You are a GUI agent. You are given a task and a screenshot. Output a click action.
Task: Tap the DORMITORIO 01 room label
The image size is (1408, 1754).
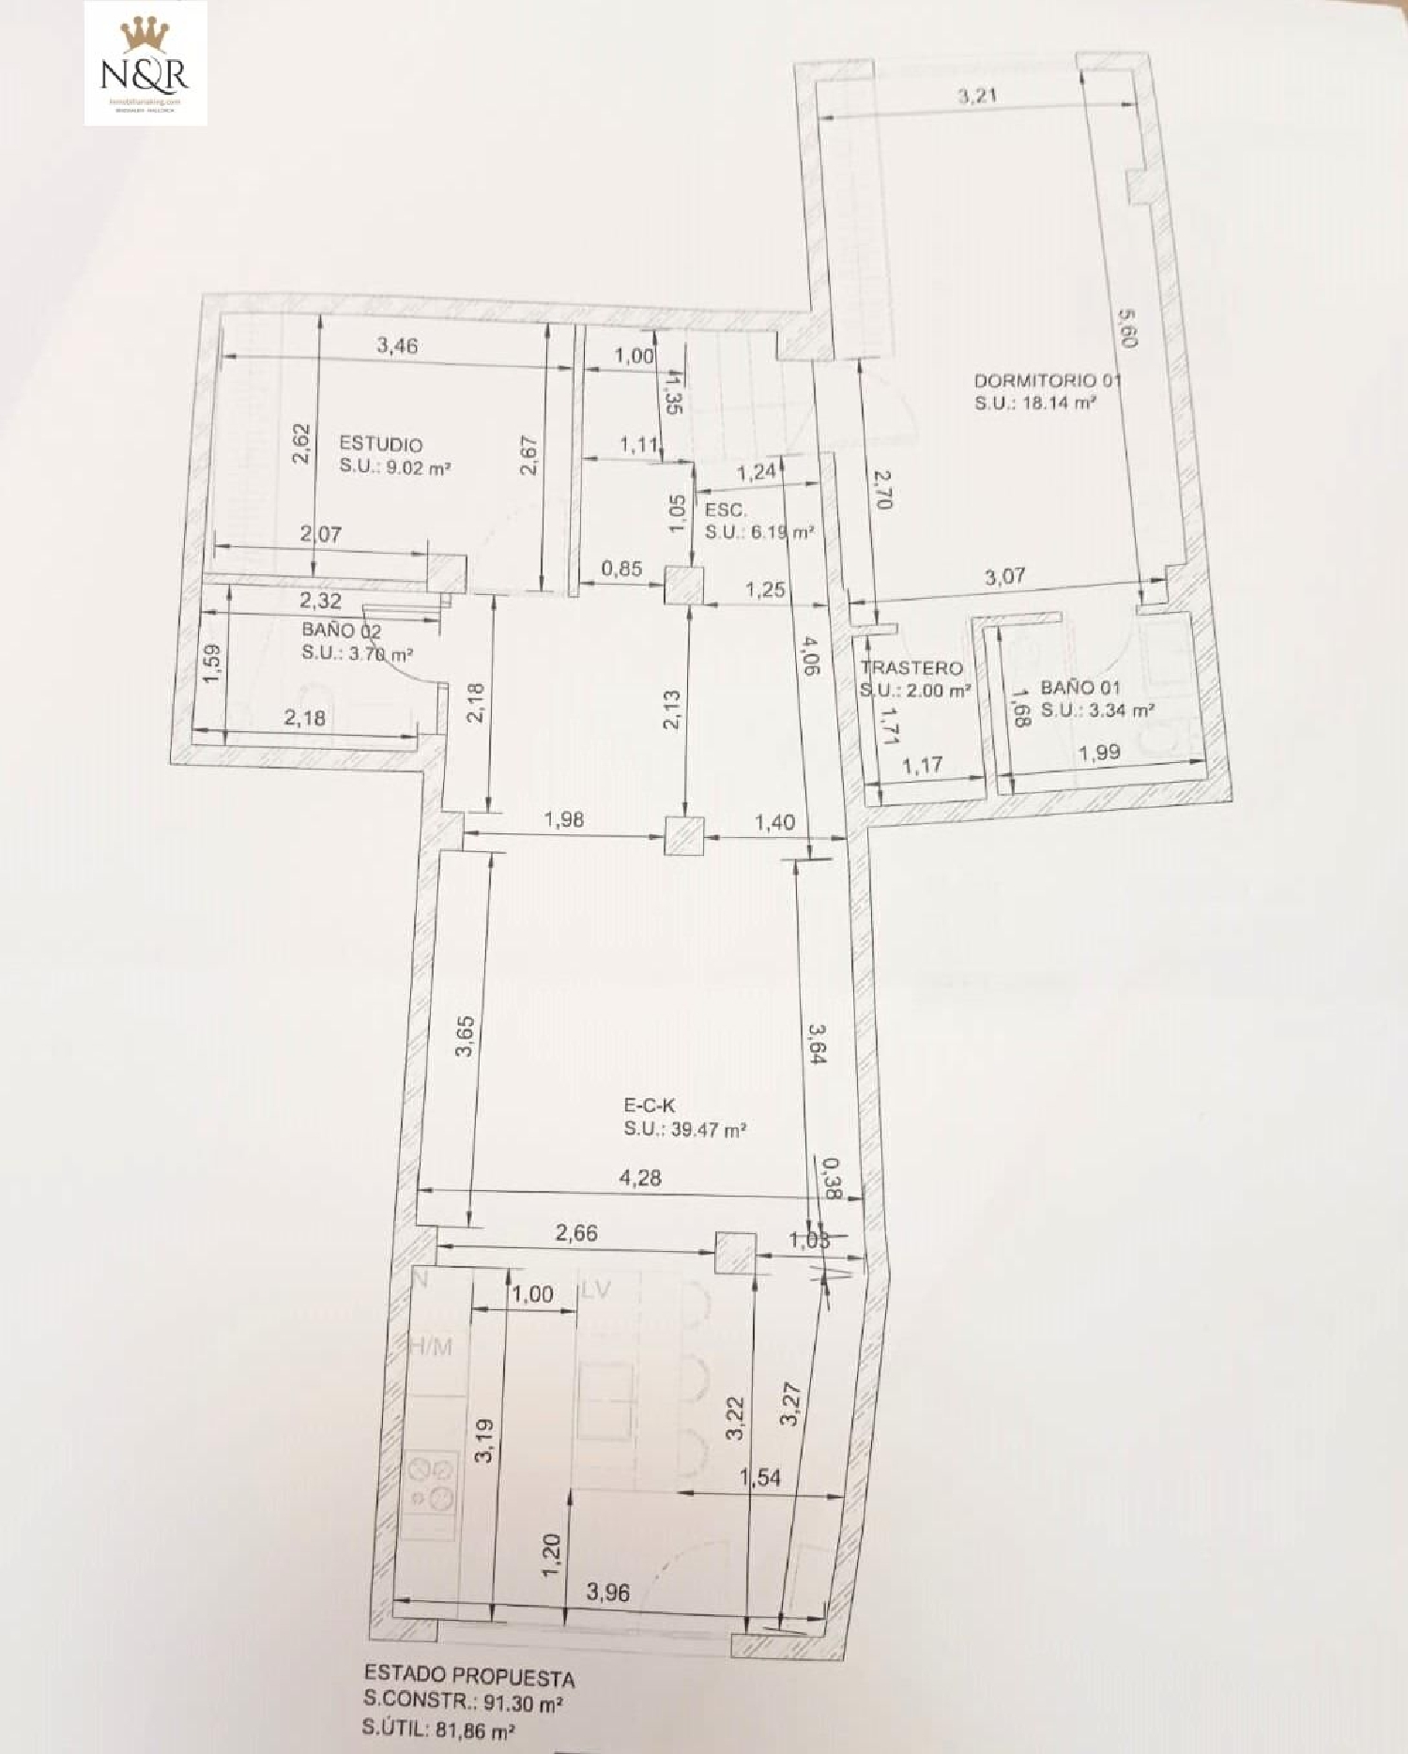[1047, 381]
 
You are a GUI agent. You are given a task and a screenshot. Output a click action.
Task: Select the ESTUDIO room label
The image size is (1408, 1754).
[380, 444]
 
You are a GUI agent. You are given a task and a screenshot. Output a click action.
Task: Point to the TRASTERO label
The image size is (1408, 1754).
[911, 668]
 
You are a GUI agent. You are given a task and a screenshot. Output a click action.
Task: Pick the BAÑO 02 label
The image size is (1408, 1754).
[341, 631]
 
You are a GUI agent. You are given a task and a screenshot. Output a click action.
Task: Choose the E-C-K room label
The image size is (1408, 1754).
[650, 1106]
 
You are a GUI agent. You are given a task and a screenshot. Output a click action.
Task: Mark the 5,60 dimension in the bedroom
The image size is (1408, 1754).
[1127, 329]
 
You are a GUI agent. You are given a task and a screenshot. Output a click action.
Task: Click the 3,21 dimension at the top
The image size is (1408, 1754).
[976, 96]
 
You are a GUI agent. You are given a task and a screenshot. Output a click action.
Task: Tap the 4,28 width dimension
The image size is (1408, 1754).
[641, 1178]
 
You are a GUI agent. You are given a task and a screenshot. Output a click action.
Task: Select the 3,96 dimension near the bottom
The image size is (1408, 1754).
[608, 1592]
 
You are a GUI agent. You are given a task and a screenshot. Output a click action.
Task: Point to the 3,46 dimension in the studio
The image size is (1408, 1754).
[397, 345]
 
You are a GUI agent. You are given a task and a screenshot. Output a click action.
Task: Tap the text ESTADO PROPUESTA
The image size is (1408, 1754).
[469, 1677]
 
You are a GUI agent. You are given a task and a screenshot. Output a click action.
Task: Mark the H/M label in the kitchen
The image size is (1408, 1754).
[431, 1349]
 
